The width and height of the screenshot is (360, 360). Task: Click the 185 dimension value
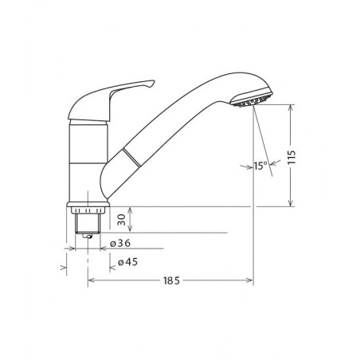click(x=171, y=280)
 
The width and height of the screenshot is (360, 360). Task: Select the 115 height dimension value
click(x=292, y=157)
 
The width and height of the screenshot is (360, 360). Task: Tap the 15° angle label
click(x=260, y=166)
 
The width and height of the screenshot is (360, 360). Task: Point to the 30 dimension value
click(x=121, y=220)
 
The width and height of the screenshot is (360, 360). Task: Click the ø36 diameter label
click(x=120, y=243)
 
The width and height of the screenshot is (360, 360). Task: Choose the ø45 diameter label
click(x=128, y=262)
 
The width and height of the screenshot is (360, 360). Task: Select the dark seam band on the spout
click(x=131, y=158)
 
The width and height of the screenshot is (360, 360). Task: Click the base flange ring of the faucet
click(x=88, y=205)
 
